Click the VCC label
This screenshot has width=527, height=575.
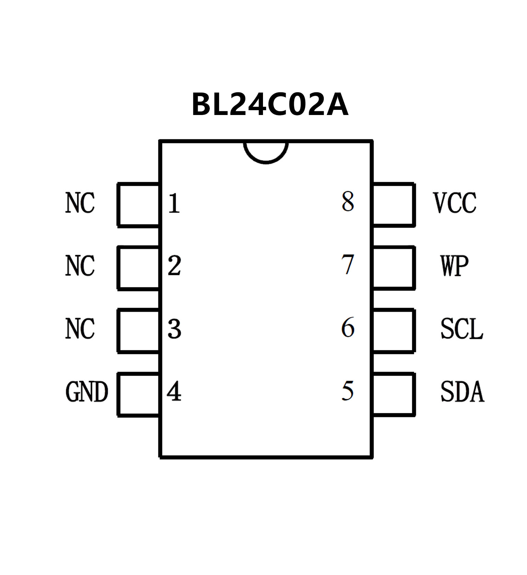[455, 203]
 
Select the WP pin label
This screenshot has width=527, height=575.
[455, 266]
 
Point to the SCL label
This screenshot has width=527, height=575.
[462, 329]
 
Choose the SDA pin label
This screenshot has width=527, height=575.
[462, 392]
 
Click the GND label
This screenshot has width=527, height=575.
[87, 392]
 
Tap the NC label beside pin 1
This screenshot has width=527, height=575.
[80, 203]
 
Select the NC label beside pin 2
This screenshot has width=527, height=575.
[80, 266]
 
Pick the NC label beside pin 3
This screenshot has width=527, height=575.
[80, 329]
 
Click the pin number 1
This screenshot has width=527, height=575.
[174, 203]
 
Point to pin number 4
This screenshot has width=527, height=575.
[174, 391]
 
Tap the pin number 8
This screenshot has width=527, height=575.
[347, 202]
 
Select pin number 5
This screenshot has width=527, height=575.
[347, 391]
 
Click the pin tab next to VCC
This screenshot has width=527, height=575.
[393, 205]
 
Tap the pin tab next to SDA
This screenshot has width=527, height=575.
[393, 394]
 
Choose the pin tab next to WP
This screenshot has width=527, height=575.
[393, 268]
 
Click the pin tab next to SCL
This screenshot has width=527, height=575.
[393, 331]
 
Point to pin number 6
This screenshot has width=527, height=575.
[347, 327]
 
